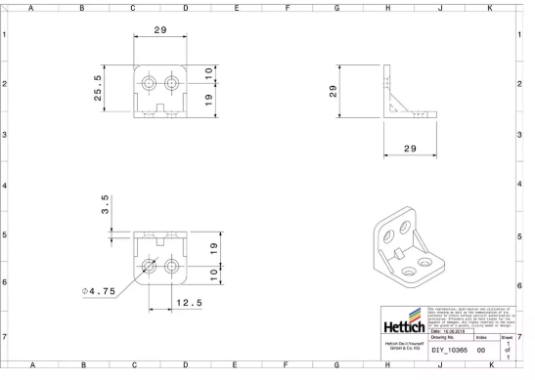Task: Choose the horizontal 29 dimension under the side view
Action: [410, 148]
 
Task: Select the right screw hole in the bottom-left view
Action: [173, 265]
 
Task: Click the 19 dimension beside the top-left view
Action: [208, 99]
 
